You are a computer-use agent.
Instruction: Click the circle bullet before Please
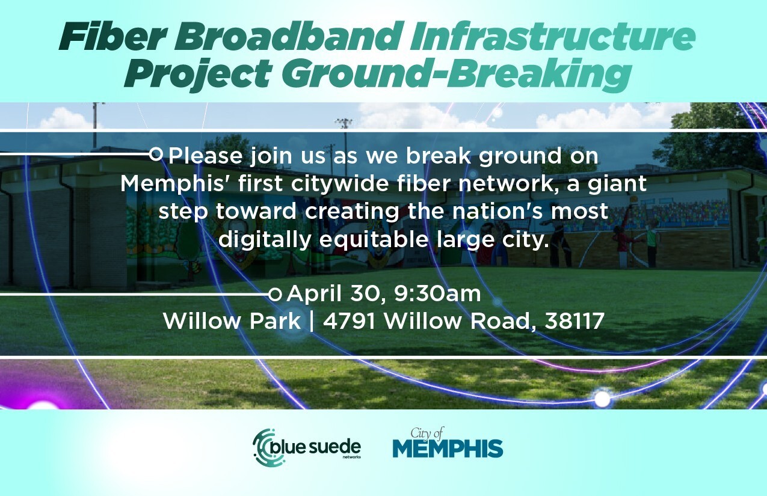156,155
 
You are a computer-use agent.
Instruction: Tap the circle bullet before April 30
275,295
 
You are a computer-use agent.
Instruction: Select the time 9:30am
437,295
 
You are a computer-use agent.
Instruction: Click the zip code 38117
574,322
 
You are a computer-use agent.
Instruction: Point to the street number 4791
350,322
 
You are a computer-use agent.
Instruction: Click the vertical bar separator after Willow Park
312,322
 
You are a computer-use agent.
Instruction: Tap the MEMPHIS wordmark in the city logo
448,449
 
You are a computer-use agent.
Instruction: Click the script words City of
427,432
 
